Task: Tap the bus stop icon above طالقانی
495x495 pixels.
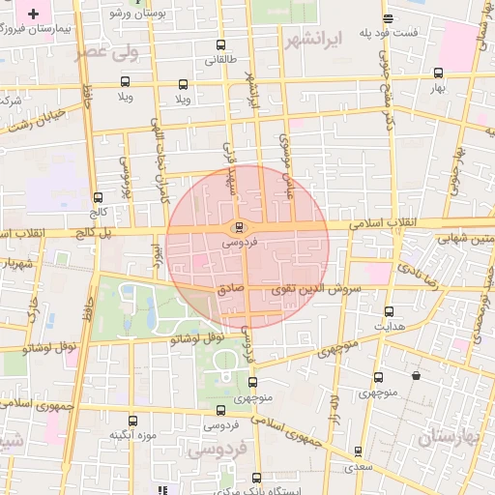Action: pos(221,44)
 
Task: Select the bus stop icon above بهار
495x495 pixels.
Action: pos(439,73)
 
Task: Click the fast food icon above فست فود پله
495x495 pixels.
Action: pos(388,19)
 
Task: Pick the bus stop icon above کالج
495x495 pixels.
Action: pos(98,197)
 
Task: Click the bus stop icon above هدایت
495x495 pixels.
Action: pos(389,311)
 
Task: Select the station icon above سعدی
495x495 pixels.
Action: pos(360,451)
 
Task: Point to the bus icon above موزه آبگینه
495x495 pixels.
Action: pos(133,421)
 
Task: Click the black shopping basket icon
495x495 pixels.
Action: pos(416,375)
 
